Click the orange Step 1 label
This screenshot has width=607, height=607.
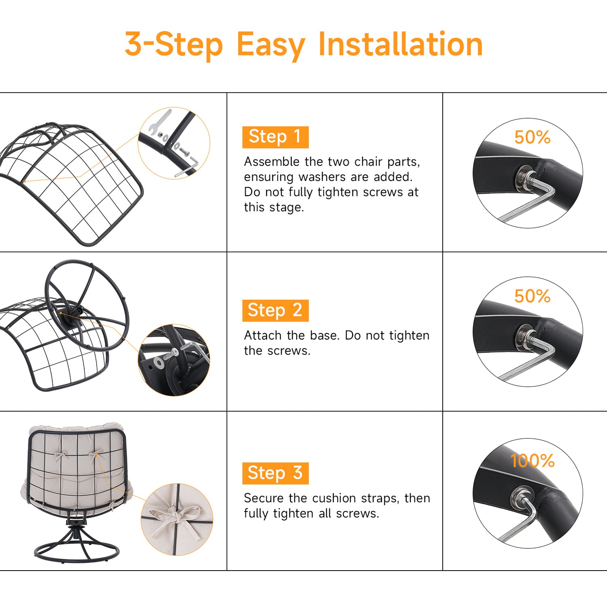[x=275, y=137]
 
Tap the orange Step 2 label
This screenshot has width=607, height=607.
[x=275, y=310]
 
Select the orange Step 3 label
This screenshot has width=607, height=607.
[x=275, y=473]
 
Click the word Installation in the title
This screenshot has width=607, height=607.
[x=401, y=44]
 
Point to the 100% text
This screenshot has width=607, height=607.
[x=532, y=461]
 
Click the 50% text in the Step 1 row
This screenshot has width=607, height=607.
[x=532, y=138]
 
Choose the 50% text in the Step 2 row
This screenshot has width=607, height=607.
[x=532, y=297]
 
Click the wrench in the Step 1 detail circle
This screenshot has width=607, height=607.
[x=159, y=121]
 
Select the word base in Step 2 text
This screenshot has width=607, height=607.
[x=324, y=335]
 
